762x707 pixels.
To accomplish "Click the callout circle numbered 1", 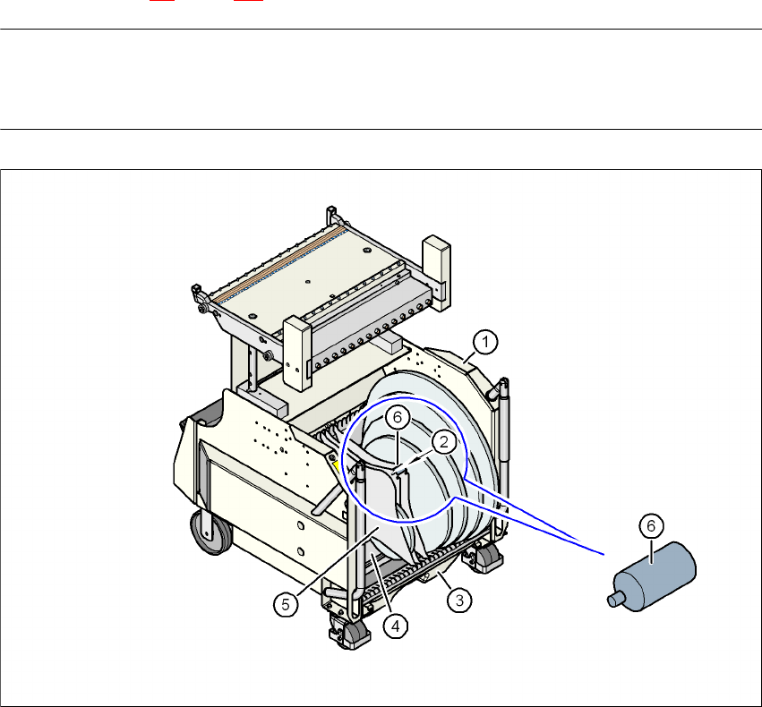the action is point(485,342).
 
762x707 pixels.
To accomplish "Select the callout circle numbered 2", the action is point(444,442).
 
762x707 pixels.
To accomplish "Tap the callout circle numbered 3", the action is point(459,601).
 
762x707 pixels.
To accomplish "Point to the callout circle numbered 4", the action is point(396,626).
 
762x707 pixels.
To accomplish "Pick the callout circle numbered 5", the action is point(286,605).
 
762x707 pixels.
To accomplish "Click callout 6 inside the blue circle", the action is point(398,417).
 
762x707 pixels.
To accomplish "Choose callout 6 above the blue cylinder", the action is point(651,525).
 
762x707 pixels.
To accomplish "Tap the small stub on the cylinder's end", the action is point(615,600).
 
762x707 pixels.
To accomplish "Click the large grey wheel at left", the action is point(211,532).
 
